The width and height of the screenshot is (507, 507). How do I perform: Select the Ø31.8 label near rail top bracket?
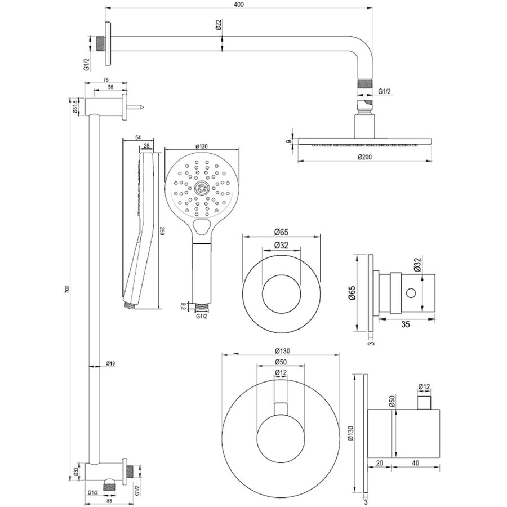(75, 105)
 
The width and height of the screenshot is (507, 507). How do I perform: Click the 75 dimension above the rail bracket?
(106, 81)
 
